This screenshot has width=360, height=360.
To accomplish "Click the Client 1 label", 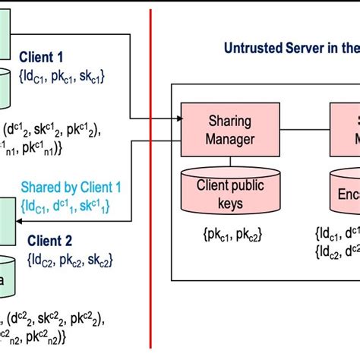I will click(x=52, y=55).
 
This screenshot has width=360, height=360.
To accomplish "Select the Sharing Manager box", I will click(x=230, y=129).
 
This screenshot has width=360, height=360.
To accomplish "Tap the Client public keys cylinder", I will click(x=230, y=187).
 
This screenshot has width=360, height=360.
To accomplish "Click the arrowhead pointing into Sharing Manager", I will click(x=177, y=118).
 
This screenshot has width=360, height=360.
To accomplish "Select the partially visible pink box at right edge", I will click(x=345, y=129).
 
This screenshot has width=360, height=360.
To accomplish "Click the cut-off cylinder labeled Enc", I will click(x=342, y=190).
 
